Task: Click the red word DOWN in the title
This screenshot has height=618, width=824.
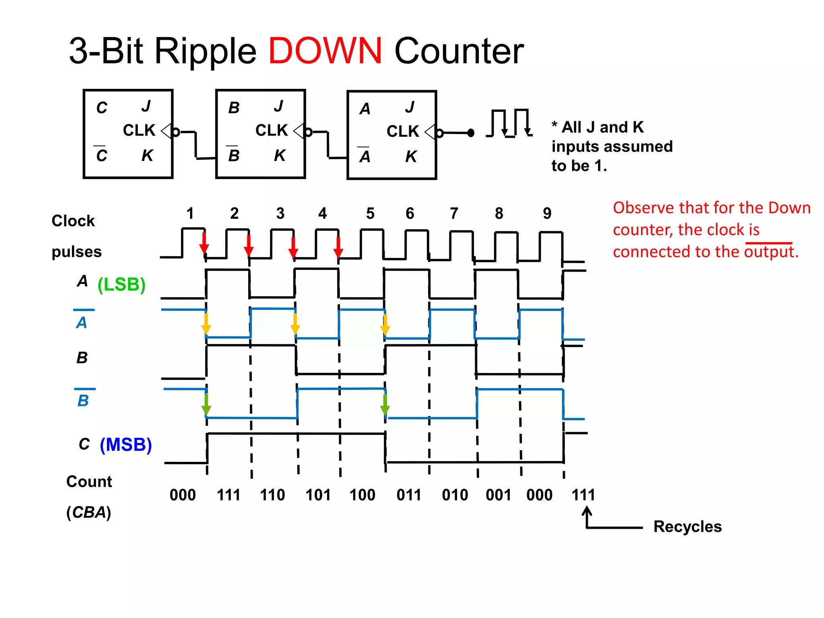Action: click(x=325, y=51)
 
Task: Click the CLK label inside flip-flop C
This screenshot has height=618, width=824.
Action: click(x=139, y=130)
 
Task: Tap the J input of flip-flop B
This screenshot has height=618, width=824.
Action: click(x=278, y=106)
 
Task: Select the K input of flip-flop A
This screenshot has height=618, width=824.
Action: click(x=411, y=157)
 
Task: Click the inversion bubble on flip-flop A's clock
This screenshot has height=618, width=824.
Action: click(x=440, y=133)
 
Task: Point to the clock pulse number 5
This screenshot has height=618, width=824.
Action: click(x=370, y=213)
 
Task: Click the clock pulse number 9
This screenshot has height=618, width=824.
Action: click(x=547, y=213)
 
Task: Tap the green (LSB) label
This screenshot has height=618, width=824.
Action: click(x=122, y=284)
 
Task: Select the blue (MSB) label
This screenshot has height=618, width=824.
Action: click(x=126, y=445)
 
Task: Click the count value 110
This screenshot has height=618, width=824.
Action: click(x=272, y=495)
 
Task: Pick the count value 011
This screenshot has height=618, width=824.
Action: click(x=409, y=495)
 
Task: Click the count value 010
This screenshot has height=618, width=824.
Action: click(x=455, y=495)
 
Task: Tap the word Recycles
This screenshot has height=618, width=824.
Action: click(x=687, y=527)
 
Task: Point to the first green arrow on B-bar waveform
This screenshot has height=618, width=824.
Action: click(x=206, y=404)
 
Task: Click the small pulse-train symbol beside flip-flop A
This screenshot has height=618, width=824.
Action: click(x=509, y=123)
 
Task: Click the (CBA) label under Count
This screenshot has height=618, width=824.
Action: click(x=89, y=512)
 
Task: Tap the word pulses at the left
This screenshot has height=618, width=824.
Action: click(x=76, y=252)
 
